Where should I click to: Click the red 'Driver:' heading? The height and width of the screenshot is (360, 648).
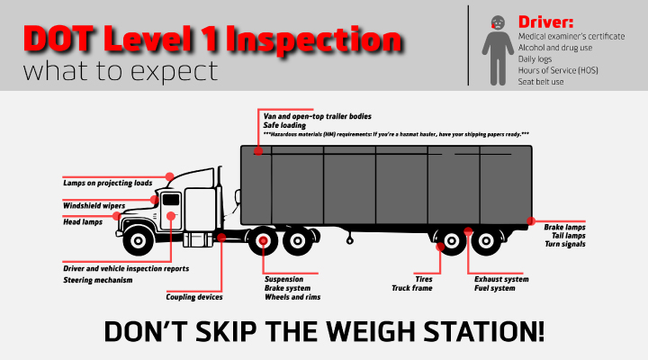pyautogui.click(x=545, y=22)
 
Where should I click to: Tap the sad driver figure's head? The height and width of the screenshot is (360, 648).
pyautogui.click(x=498, y=22)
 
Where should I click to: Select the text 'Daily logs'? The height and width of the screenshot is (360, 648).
pyautogui.click(x=535, y=59)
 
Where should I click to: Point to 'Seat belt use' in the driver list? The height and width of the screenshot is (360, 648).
pyautogui.click(x=541, y=82)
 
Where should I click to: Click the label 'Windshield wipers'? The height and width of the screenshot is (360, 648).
pyautogui.click(x=94, y=205)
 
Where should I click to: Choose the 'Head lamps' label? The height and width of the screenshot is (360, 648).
pyautogui.click(x=83, y=222)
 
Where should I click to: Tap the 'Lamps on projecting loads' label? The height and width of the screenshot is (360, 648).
pyautogui.click(x=107, y=183)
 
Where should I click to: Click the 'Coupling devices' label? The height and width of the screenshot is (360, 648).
pyautogui.click(x=194, y=297)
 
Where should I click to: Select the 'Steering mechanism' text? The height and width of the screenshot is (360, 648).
pyautogui.click(x=97, y=280)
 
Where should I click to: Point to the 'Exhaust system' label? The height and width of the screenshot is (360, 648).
pyautogui.click(x=501, y=279)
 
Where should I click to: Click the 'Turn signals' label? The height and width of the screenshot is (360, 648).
pyautogui.click(x=565, y=244)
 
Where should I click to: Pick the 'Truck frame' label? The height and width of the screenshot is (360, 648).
pyautogui.click(x=411, y=288)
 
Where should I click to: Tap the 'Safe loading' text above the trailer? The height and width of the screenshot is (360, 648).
pyautogui.click(x=284, y=125)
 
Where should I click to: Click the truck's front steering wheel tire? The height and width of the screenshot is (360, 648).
pyautogui.click(x=139, y=240)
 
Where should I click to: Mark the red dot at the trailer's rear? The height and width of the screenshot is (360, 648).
pyautogui.click(x=531, y=221)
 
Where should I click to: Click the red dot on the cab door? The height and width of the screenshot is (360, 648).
pyautogui.click(x=171, y=216)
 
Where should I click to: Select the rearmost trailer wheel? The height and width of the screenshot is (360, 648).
pyautogui.click(x=486, y=240)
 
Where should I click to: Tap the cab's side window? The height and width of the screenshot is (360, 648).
pyautogui.click(x=171, y=200)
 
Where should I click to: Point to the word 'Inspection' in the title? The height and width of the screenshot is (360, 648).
pyautogui.click(x=314, y=39)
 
